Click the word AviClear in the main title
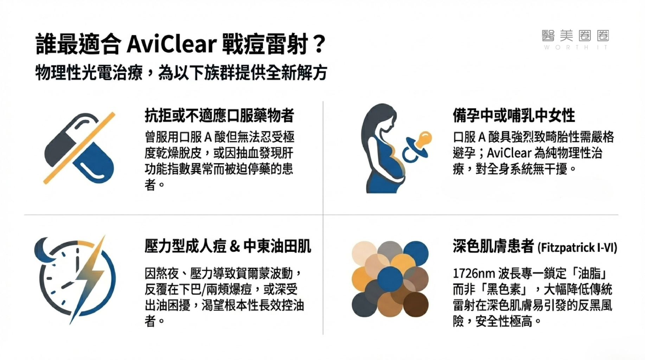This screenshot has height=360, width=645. point(171,44)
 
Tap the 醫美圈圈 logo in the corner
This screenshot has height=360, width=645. point(575,39)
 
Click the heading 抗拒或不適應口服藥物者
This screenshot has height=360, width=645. point(219,115)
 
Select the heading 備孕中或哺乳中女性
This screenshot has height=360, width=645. point(514,115)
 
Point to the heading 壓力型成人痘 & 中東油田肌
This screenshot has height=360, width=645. point(228,246)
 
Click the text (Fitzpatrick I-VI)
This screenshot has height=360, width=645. point(577,247)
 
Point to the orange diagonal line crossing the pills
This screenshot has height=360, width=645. point(79,148)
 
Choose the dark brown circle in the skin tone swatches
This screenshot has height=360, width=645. point(416,304)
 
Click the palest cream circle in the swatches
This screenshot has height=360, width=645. point(364,253)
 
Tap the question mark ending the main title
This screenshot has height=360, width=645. point(320,44)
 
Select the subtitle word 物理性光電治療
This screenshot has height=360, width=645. point(89,73)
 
